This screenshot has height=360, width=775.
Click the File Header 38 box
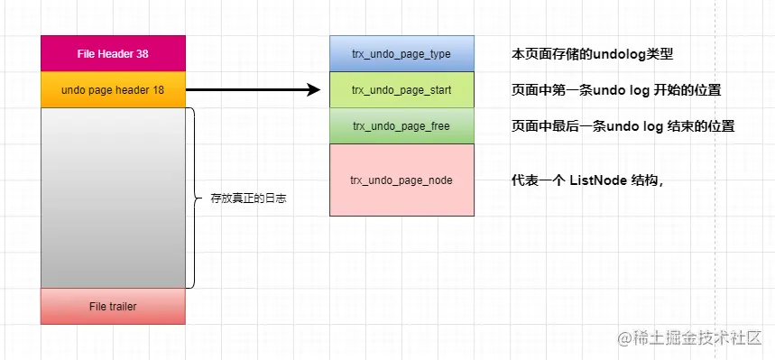coord(113,53)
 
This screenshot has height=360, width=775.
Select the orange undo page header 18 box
coord(113,90)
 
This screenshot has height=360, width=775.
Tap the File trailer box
coord(113,307)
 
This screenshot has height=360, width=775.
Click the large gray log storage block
coord(113,198)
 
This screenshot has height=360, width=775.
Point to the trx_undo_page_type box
coord(401,53)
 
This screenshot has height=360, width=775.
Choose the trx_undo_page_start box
coord(401,90)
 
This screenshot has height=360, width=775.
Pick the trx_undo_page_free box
coord(401,126)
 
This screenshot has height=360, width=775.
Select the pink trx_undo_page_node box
coord(401,180)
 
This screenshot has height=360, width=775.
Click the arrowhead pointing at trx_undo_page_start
coord(315,90)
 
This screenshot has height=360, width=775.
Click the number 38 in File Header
coord(143,54)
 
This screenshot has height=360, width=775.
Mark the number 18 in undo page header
coord(158,90)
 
